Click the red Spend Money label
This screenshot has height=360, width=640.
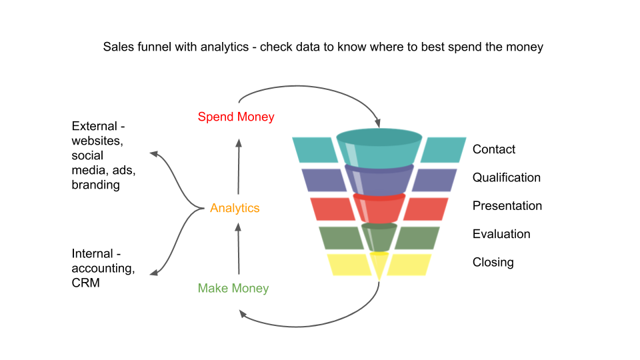(x=236, y=117)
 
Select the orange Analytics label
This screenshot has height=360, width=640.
(x=235, y=208)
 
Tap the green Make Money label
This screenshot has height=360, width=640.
(x=233, y=289)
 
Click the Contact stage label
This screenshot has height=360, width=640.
(x=494, y=149)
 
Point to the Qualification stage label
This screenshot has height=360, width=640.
(x=507, y=177)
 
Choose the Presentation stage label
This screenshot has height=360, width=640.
(x=507, y=206)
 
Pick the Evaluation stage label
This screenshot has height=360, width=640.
(x=501, y=234)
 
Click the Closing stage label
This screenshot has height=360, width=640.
(x=493, y=262)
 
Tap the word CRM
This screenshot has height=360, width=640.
(x=86, y=283)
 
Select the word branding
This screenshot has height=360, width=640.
(x=95, y=185)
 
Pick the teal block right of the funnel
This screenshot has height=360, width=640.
(x=444, y=150)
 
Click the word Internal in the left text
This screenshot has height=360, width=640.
(x=91, y=253)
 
